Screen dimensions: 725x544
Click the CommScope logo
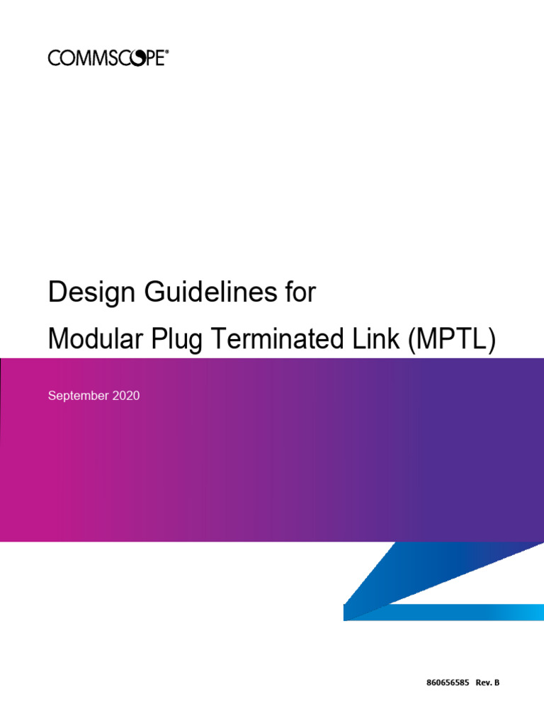coord(108,57)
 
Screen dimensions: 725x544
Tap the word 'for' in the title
coord(299,292)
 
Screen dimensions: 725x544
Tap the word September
coord(77,396)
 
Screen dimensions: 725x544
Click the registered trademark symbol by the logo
coord(166,52)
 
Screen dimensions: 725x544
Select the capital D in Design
coord(56,292)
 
